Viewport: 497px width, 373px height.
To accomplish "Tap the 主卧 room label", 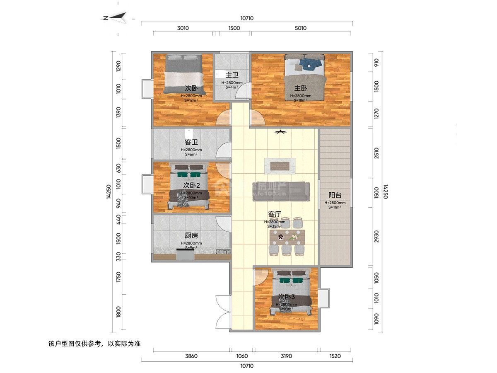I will pyautogui.click(x=301, y=88).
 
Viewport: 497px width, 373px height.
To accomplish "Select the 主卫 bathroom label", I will pyautogui.click(x=232, y=75).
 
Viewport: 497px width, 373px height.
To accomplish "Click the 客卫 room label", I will pyautogui.click(x=191, y=142).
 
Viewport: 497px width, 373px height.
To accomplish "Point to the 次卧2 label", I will pyautogui.click(x=192, y=185).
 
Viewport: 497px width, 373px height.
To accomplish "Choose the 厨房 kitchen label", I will pyautogui.click(x=191, y=235).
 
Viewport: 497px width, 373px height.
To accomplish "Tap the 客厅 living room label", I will pyautogui.click(x=275, y=214).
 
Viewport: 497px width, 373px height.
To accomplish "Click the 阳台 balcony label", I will pyautogui.click(x=335, y=195).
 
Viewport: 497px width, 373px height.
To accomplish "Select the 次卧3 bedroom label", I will pyautogui.click(x=286, y=297).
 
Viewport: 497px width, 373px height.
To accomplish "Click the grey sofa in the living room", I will pyautogui.click(x=281, y=191).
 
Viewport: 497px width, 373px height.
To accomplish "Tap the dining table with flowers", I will pyautogui.click(x=287, y=237).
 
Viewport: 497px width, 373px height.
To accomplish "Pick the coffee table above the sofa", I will pyautogui.click(x=280, y=165).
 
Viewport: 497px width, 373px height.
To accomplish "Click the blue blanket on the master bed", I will pyautogui.click(x=310, y=63).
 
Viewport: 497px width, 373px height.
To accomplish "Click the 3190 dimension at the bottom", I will pyautogui.click(x=286, y=356).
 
